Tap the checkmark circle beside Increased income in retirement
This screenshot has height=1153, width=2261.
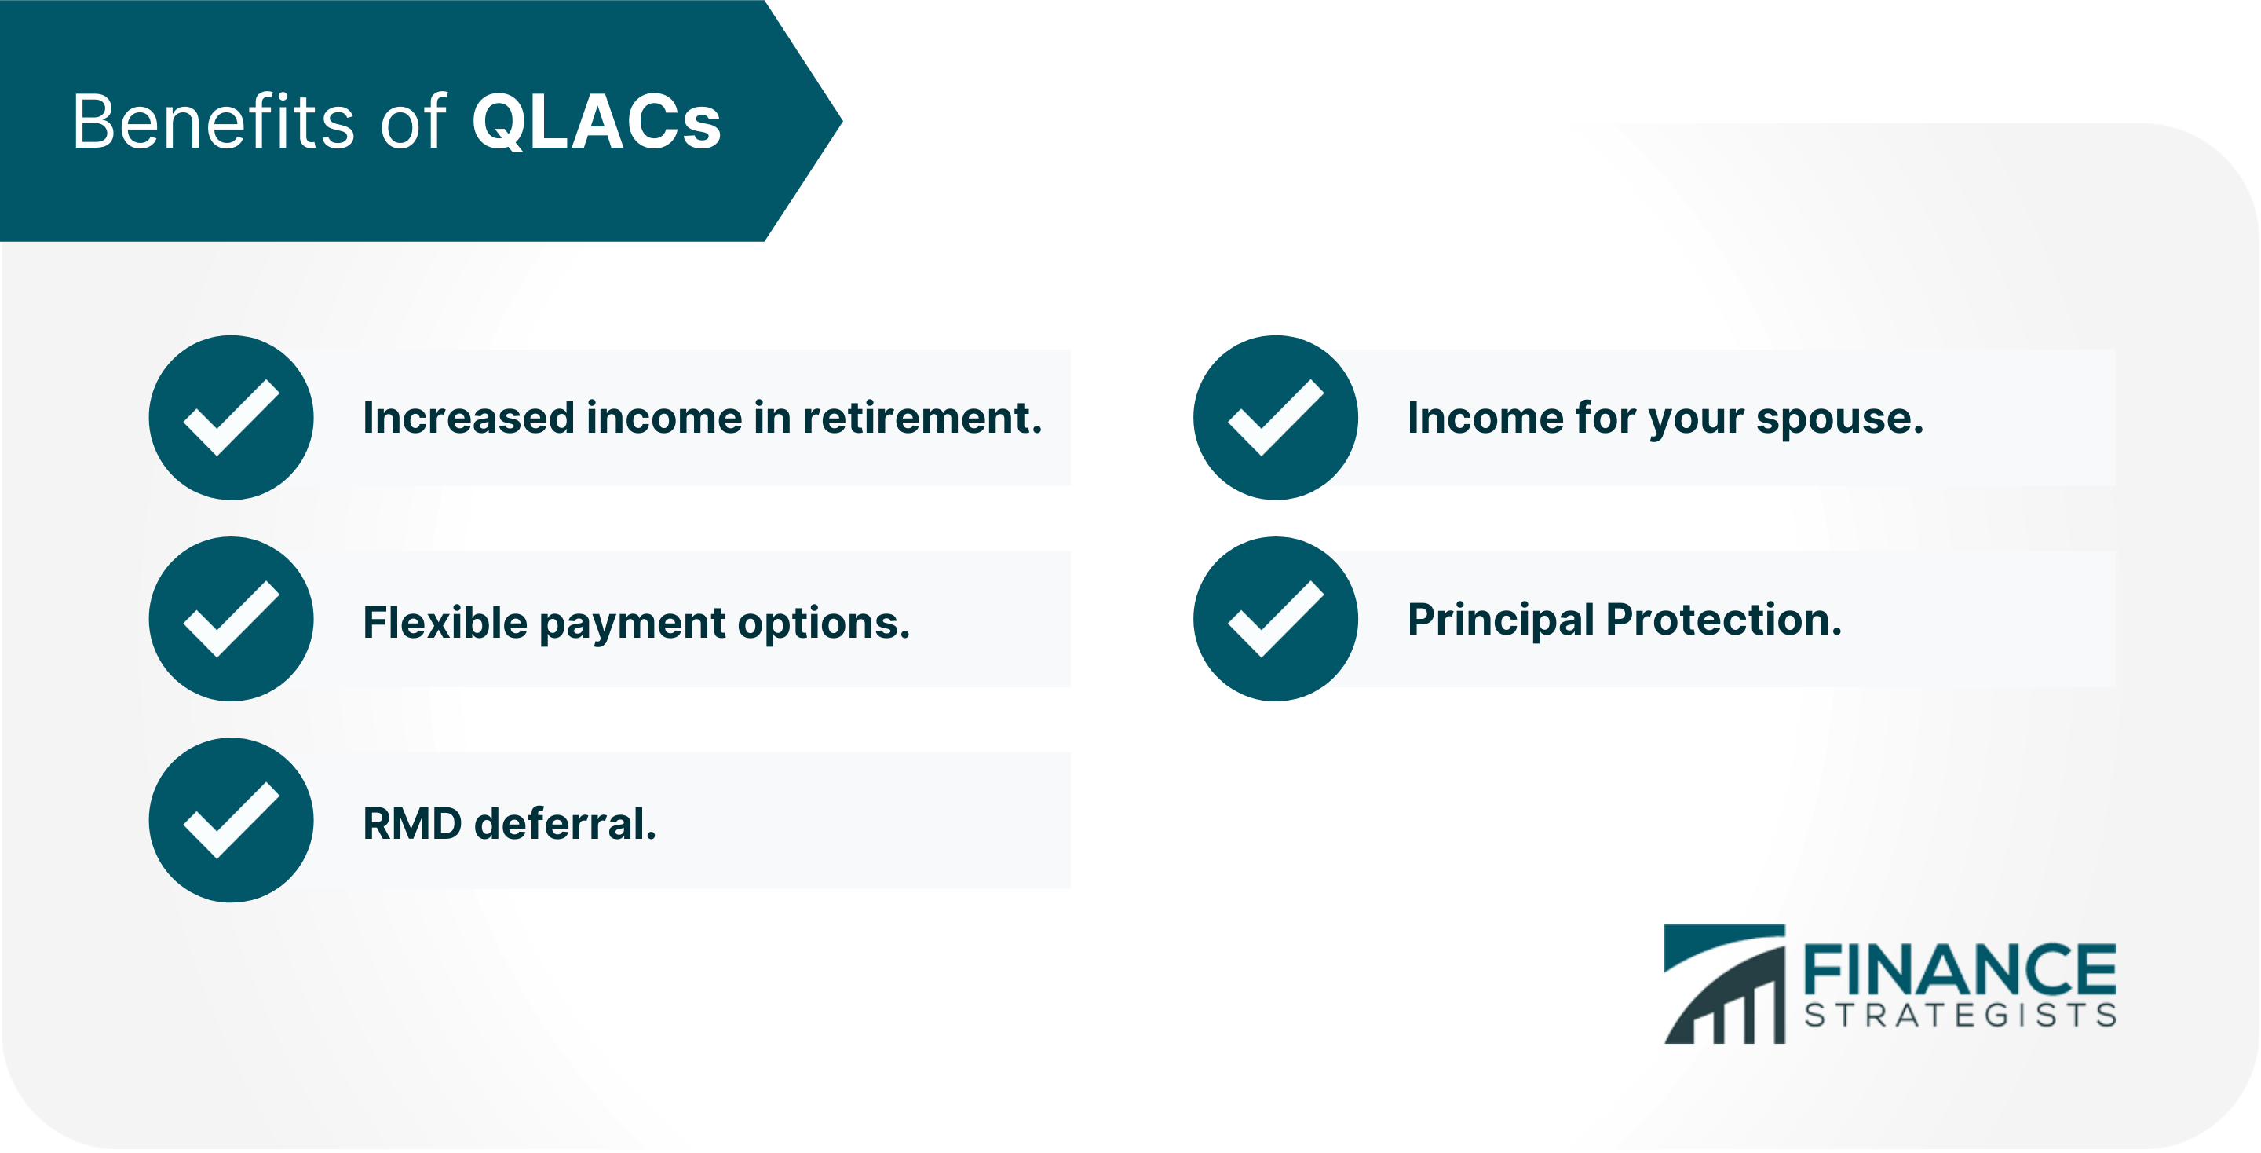(x=231, y=417)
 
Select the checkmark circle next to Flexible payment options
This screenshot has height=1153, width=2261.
(x=231, y=619)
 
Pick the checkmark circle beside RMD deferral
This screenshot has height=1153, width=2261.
(x=231, y=820)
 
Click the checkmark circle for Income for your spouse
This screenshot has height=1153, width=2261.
(x=1275, y=417)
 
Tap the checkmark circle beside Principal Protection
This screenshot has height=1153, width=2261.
(x=1275, y=619)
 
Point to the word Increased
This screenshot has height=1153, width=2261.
(x=469, y=418)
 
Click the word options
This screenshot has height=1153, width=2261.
(x=824, y=624)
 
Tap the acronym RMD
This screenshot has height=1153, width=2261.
(x=411, y=824)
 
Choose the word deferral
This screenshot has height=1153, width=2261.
(x=564, y=824)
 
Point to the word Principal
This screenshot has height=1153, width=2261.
(x=1500, y=620)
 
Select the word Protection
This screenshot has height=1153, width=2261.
(x=1723, y=620)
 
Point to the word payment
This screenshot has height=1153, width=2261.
(x=632, y=624)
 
